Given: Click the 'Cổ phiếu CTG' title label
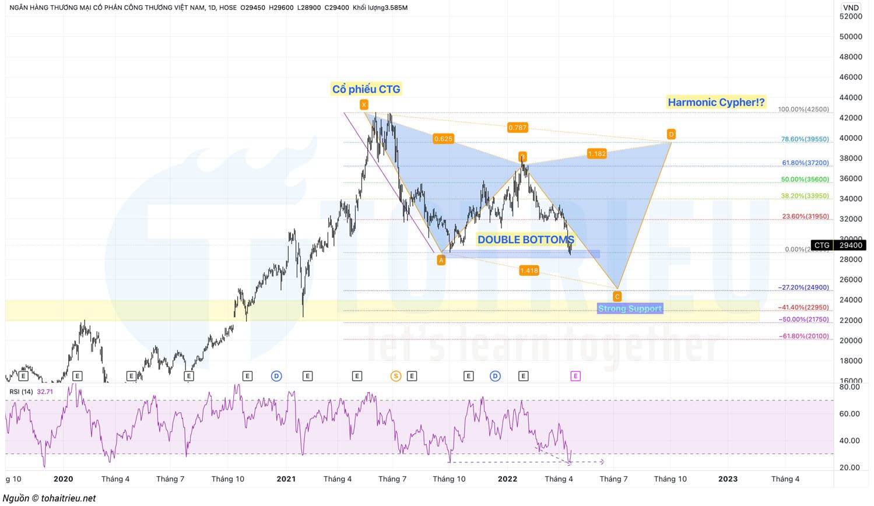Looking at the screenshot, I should click(366, 89).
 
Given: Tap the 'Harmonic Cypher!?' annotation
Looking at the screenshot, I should click(715, 102).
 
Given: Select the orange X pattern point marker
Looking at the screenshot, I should click(364, 105).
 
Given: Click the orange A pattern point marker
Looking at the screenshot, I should click(441, 261).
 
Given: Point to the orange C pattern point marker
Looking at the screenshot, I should click(617, 297).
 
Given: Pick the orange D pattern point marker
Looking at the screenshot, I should click(671, 135).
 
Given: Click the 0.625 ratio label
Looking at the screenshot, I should click(443, 139).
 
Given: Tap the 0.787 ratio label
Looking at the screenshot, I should click(517, 128).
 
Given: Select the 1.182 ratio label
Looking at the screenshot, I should click(596, 154).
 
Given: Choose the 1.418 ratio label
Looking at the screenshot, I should click(529, 270).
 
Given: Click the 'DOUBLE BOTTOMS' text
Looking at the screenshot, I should click(525, 240).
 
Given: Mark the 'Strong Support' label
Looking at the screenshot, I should click(630, 308).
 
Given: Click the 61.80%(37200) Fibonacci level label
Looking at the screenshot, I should click(805, 163).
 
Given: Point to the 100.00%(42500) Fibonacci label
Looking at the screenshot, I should click(803, 110).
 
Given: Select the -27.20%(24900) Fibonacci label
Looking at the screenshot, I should click(803, 287).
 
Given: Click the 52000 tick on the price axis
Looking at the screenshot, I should click(851, 16).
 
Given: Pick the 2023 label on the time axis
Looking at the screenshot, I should click(728, 479).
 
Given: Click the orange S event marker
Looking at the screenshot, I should click(396, 376).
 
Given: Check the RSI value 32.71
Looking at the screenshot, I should click(45, 392).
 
